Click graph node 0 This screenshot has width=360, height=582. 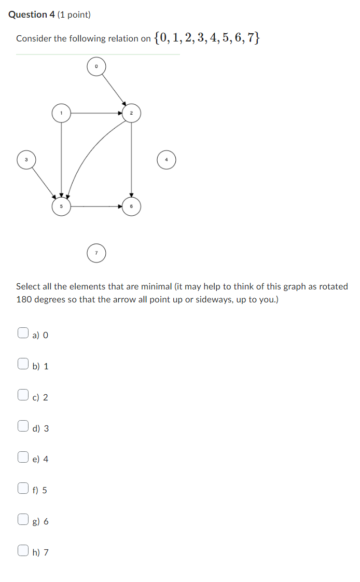coord(96,66)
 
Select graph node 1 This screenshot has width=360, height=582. coord(61,113)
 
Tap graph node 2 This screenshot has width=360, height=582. coord(131,113)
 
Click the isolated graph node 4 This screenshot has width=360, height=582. coord(167,160)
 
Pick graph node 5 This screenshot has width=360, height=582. coord(61,206)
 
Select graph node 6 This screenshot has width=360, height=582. coord(131,206)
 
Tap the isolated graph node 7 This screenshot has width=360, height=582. coord(96,253)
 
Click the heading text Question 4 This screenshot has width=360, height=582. coord(32,15)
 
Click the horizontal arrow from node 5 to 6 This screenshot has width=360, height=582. coord(96,206)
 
